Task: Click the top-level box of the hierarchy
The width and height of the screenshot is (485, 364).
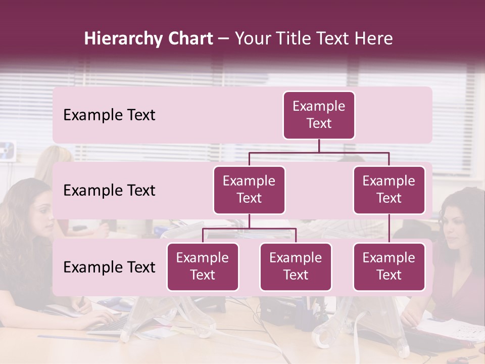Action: [x=319, y=115]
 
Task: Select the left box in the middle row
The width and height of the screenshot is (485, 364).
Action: [x=249, y=190]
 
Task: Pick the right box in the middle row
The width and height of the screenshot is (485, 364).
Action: [x=389, y=190]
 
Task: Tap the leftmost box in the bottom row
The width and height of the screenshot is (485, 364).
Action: [x=203, y=266]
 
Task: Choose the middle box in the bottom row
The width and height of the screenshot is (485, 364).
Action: [x=296, y=266]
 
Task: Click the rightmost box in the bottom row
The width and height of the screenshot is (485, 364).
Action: [x=389, y=266]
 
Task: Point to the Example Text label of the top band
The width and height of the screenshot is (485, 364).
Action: [x=109, y=115]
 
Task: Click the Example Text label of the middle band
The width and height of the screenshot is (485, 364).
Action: [x=109, y=190]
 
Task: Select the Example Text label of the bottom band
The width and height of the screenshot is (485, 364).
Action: [x=109, y=267]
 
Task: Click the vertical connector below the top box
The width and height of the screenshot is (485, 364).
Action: [x=319, y=146]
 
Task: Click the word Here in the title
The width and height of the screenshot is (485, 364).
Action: [x=373, y=39]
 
